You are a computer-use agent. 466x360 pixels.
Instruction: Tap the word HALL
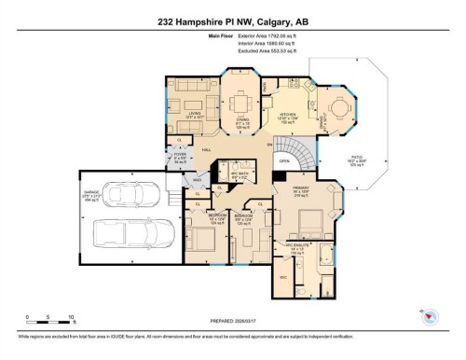tap(207, 148)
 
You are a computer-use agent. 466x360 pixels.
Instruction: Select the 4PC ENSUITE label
tap(298, 250)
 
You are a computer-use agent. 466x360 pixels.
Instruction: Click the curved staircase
tap(300, 149)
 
